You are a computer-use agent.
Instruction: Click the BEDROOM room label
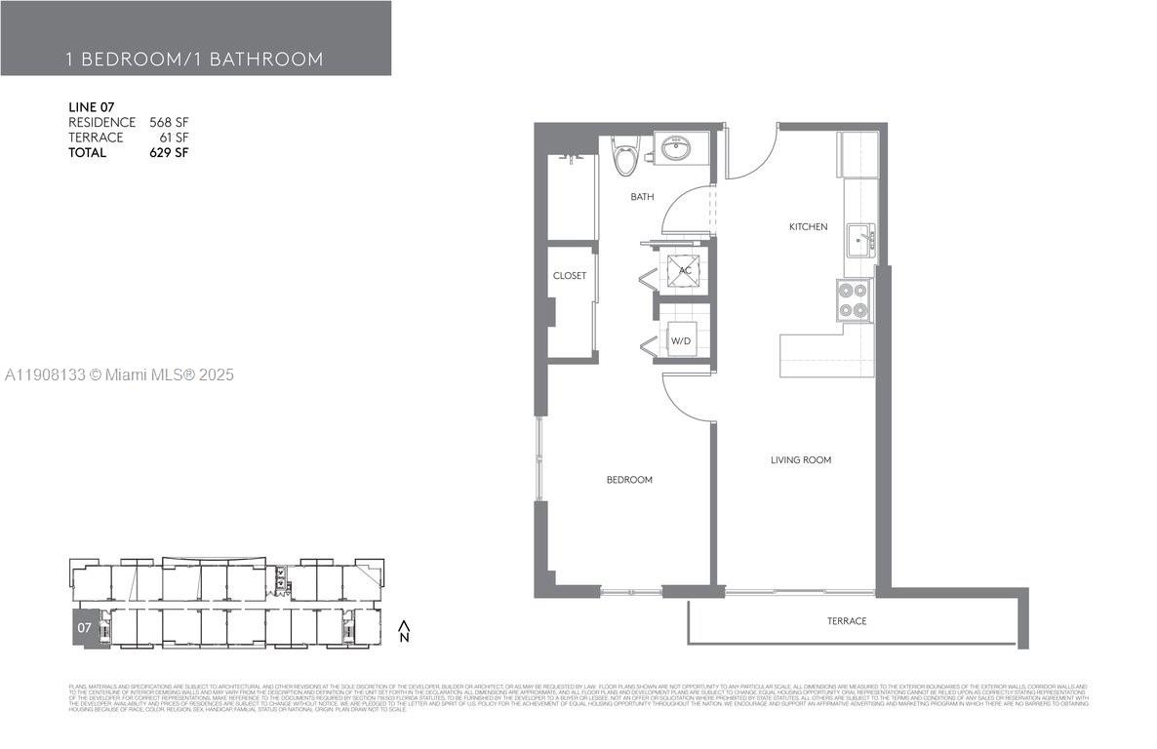click(x=629, y=480)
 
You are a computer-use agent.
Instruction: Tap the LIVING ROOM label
click(x=801, y=459)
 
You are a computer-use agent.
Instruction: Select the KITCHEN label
click(x=808, y=227)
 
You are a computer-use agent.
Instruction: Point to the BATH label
click(x=642, y=197)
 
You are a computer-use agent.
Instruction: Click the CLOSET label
click(x=570, y=276)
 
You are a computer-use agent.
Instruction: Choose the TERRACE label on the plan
click(x=847, y=621)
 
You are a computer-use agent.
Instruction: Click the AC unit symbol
click(x=685, y=270)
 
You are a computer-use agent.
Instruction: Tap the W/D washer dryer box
click(x=682, y=340)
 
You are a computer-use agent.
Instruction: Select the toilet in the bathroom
click(x=623, y=155)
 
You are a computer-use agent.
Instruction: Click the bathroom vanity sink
click(x=674, y=149)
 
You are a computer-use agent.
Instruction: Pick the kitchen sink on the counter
click(x=859, y=238)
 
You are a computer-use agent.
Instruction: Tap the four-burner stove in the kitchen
click(x=853, y=300)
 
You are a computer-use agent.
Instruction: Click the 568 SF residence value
click(x=169, y=122)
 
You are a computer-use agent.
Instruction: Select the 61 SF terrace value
click(x=174, y=138)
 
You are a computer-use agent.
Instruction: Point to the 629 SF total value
click(x=169, y=153)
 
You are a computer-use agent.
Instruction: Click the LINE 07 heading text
click(x=93, y=106)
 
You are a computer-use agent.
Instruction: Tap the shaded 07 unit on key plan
click(x=84, y=628)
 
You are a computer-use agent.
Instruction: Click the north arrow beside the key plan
click(x=404, y=629)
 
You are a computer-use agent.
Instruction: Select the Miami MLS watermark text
click(x=118, y=374)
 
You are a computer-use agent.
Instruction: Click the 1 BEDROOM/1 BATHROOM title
click(x=194, y=59)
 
